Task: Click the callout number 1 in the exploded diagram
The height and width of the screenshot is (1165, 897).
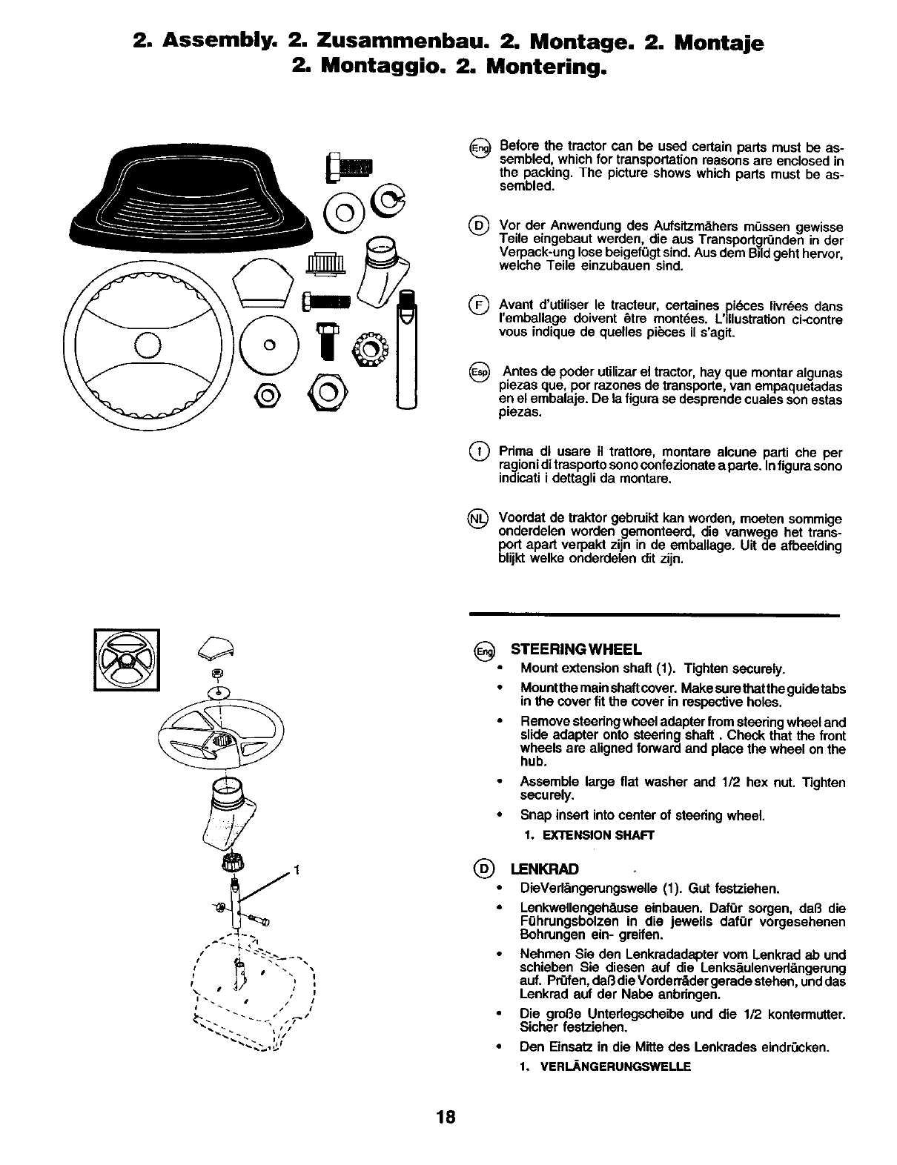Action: pyautogui.click(x=297, y=870)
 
